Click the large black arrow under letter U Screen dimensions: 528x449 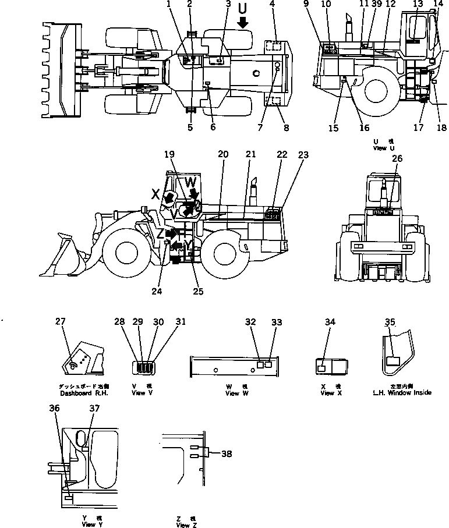click(x=243, y=22)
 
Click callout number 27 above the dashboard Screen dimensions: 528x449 click(x=61, y=321)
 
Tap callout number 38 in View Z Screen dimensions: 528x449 click(x=227, y=453)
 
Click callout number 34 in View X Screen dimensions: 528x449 click(x=330, y=321)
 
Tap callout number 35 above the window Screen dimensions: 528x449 click(x=391, y=321)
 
